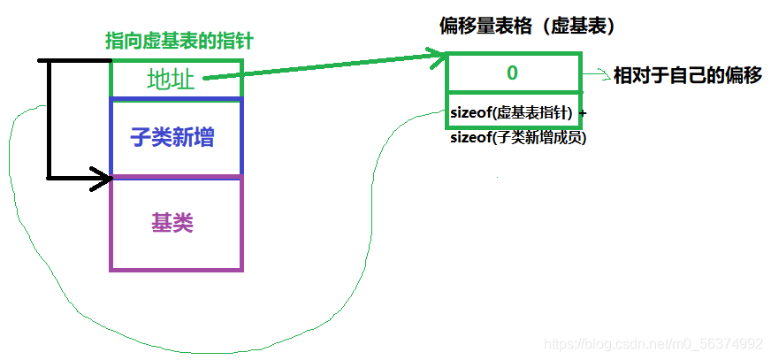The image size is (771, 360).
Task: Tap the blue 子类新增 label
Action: pyautogui.click(x=172, y=138)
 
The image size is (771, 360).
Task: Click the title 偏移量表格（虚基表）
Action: pyautogui.click(x=527, y=27)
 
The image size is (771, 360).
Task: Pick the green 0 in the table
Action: pyautogui.click(x=512, y=73)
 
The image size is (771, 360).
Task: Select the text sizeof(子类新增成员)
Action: pyautogui.click(x=519, y=137)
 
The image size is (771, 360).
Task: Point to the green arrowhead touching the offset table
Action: pyautogui.click(x=437, y=57)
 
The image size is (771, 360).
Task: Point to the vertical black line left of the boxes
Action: pyautogui.click(x=48, y=119)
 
